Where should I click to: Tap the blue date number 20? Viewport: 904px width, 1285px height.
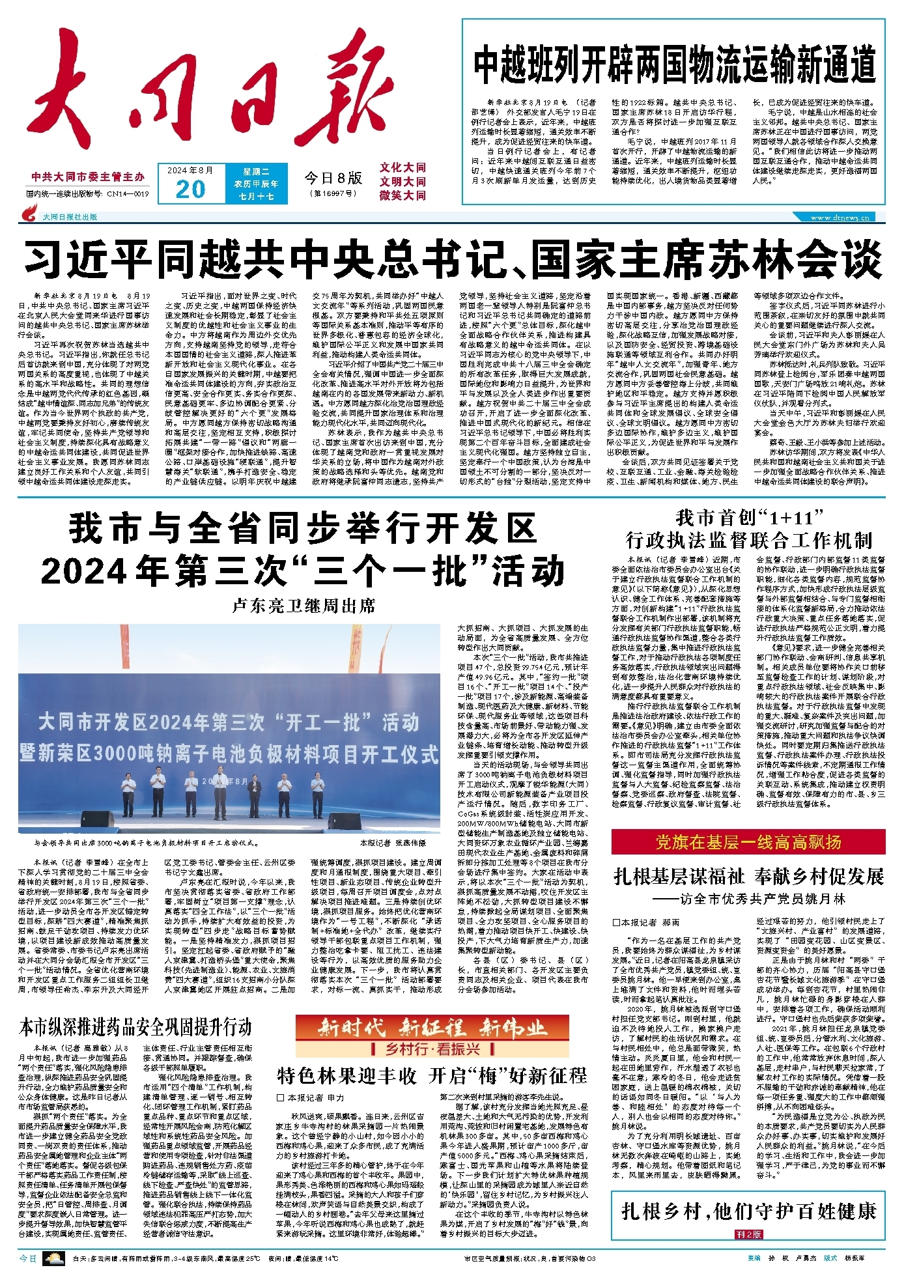pyautogui.click(x=190, y=189)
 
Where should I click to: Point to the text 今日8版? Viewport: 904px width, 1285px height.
pyautogui.click(x=333, y=177)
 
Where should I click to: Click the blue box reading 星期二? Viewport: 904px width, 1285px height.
pyautogui.click(x=256, y=172)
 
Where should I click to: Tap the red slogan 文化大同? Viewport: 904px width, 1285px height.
pyautogui.click(x=403, y=168)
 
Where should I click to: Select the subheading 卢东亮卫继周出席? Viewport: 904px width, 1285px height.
pyautogui.click(x=304, y=606)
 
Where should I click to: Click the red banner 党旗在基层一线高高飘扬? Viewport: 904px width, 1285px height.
pyautogui.click(x=748, y=842)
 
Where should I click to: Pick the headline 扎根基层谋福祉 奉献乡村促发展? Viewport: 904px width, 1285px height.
pyautogui.click(x=748, y=876)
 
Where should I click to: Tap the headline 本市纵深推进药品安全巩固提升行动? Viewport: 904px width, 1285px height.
pyautogui.click(x=135, y=1028)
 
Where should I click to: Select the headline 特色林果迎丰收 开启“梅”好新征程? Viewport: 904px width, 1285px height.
pyautogui.click(x=432, y=1075)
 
